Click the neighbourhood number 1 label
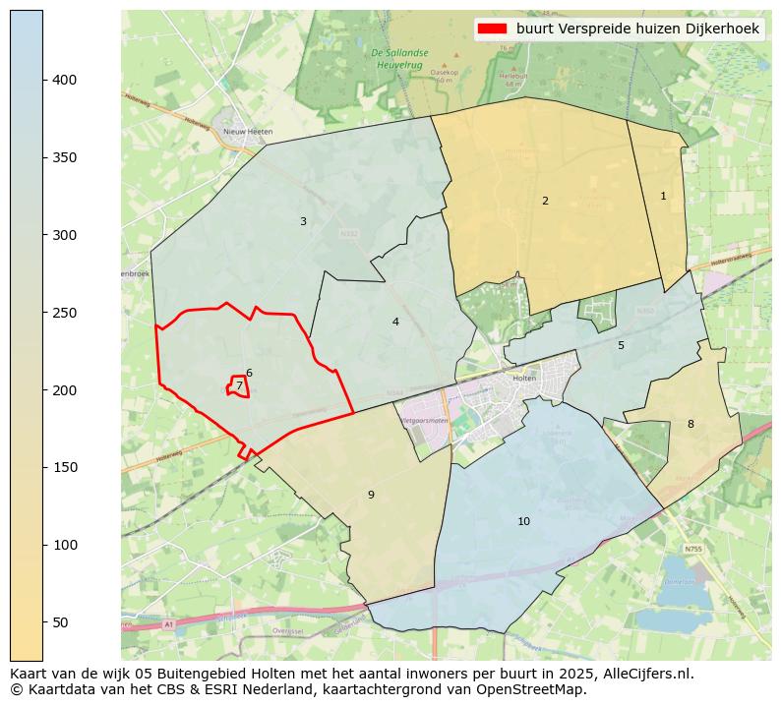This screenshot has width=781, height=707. (x=663, y=197)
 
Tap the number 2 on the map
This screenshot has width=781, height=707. (x=545, y=202)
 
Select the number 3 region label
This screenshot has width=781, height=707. (x=303, y=222)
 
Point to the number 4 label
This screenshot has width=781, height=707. (x=395, y=323)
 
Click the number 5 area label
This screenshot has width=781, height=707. (x=621, y=346)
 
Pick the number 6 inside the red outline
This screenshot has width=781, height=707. (x=249, y=374)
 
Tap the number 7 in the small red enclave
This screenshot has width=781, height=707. (x=238, y=386)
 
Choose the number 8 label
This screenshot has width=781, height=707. (x=691, y=425)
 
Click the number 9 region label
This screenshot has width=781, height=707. (x=371, y=496)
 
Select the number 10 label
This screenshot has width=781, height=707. (x=523, y=522)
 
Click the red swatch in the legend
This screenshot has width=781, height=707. (x=493, y=29)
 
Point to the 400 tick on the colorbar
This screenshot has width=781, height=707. (x=64, y=80)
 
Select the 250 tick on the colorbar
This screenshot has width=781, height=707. (x=64, y=313)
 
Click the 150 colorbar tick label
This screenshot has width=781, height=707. (x=64, y=467)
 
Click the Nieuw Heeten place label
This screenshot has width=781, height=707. (x=248, y=131)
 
